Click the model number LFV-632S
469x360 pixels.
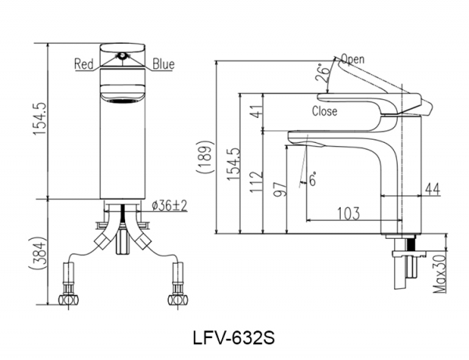click(234, 340)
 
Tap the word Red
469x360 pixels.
click(84, 64)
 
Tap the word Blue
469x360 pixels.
click(163, 64)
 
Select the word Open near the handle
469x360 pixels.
click(353, 59)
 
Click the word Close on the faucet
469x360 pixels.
click(324, 111)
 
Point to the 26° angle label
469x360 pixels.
click(320, 75)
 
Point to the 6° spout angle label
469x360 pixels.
click(312, 177)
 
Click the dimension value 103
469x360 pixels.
click(349, 212)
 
